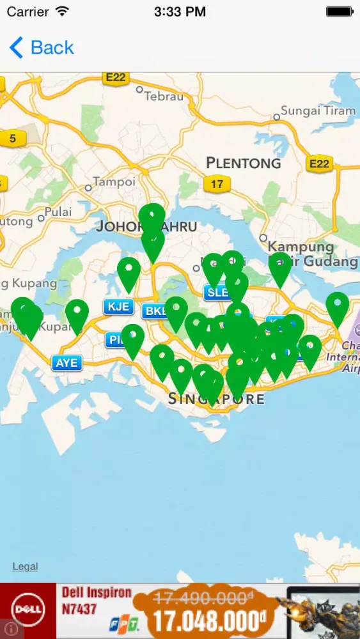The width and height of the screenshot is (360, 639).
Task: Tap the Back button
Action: point(42,48)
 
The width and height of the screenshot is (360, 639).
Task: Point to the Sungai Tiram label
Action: point(318,111)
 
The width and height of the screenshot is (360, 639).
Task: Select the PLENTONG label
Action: point(244,163)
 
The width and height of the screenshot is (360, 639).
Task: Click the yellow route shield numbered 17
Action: point(217,184)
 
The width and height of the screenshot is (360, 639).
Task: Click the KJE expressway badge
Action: point(118,307)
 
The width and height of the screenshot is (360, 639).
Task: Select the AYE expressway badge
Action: point(67,363)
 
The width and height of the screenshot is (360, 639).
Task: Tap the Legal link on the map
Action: point(25,566)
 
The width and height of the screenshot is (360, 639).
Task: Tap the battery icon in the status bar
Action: point(339,12)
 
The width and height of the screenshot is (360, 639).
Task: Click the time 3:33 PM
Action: point(180,12)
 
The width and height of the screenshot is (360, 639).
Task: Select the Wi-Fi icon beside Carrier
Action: point(62,12)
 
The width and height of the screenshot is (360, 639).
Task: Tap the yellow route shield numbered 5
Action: point(12,137)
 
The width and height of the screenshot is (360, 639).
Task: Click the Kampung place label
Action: point(301,247)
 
